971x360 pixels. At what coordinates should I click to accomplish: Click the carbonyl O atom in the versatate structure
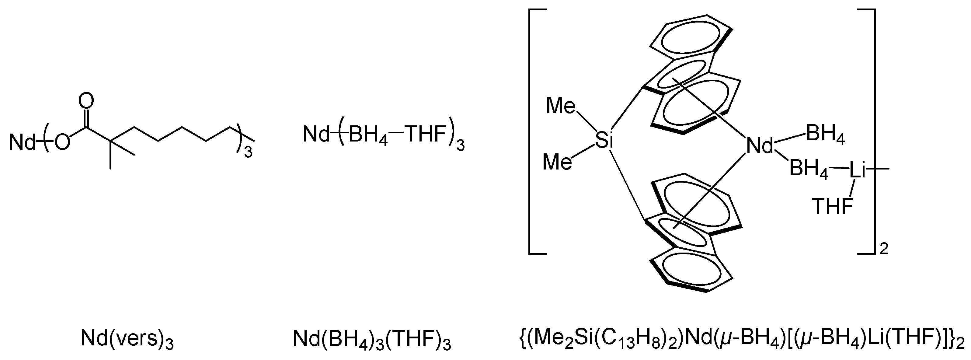(86, 101)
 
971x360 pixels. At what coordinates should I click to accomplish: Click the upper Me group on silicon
(561, 106)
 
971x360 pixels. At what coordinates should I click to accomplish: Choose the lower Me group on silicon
(557, 163)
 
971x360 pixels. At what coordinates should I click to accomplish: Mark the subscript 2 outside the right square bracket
(884, 249)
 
